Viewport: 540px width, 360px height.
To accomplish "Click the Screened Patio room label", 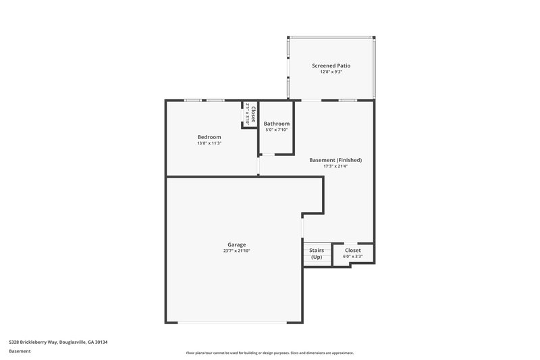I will point(331,66).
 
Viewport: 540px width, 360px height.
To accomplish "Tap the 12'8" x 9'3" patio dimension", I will point(331,72).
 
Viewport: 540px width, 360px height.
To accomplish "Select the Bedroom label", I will point(209,137).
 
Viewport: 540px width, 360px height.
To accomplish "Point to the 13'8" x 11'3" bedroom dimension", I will point(209,143).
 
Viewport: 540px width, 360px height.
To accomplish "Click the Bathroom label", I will point(277,124).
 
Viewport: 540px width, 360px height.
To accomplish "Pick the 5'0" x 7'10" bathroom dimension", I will point(277,130).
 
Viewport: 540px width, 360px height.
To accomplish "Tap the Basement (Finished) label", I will point(335,160).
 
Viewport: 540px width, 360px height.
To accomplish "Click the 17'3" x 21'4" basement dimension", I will point(335,166).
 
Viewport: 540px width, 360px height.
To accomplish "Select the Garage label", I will point(236,245).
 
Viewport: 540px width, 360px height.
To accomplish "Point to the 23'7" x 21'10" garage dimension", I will point(236,251).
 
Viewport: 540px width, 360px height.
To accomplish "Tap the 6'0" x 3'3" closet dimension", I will point(352,257).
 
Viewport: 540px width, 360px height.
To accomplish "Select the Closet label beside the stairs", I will point(352,251).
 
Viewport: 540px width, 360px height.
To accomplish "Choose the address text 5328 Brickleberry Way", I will point(58,342).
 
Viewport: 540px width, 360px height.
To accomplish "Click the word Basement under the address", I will point(20,351).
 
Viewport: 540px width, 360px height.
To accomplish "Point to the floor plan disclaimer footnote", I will point(270,353).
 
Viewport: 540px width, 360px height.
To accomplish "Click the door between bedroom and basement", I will point(259,165).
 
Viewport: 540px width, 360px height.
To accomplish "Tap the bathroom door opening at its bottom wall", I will point(268,155).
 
